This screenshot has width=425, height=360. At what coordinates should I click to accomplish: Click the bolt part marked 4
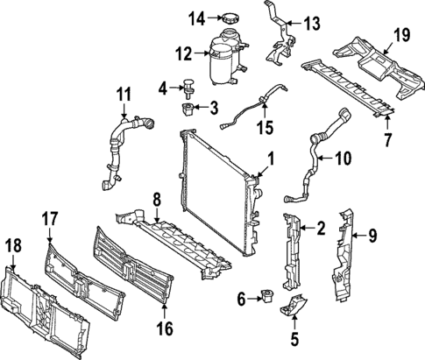point(188,87)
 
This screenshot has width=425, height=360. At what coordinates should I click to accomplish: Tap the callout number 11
point(123,90)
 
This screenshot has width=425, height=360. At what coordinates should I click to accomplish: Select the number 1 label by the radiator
point(271,159)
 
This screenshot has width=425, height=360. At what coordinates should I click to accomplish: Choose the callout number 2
point(321,229)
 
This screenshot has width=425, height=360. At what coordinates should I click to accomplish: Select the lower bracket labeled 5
point(294,308)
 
